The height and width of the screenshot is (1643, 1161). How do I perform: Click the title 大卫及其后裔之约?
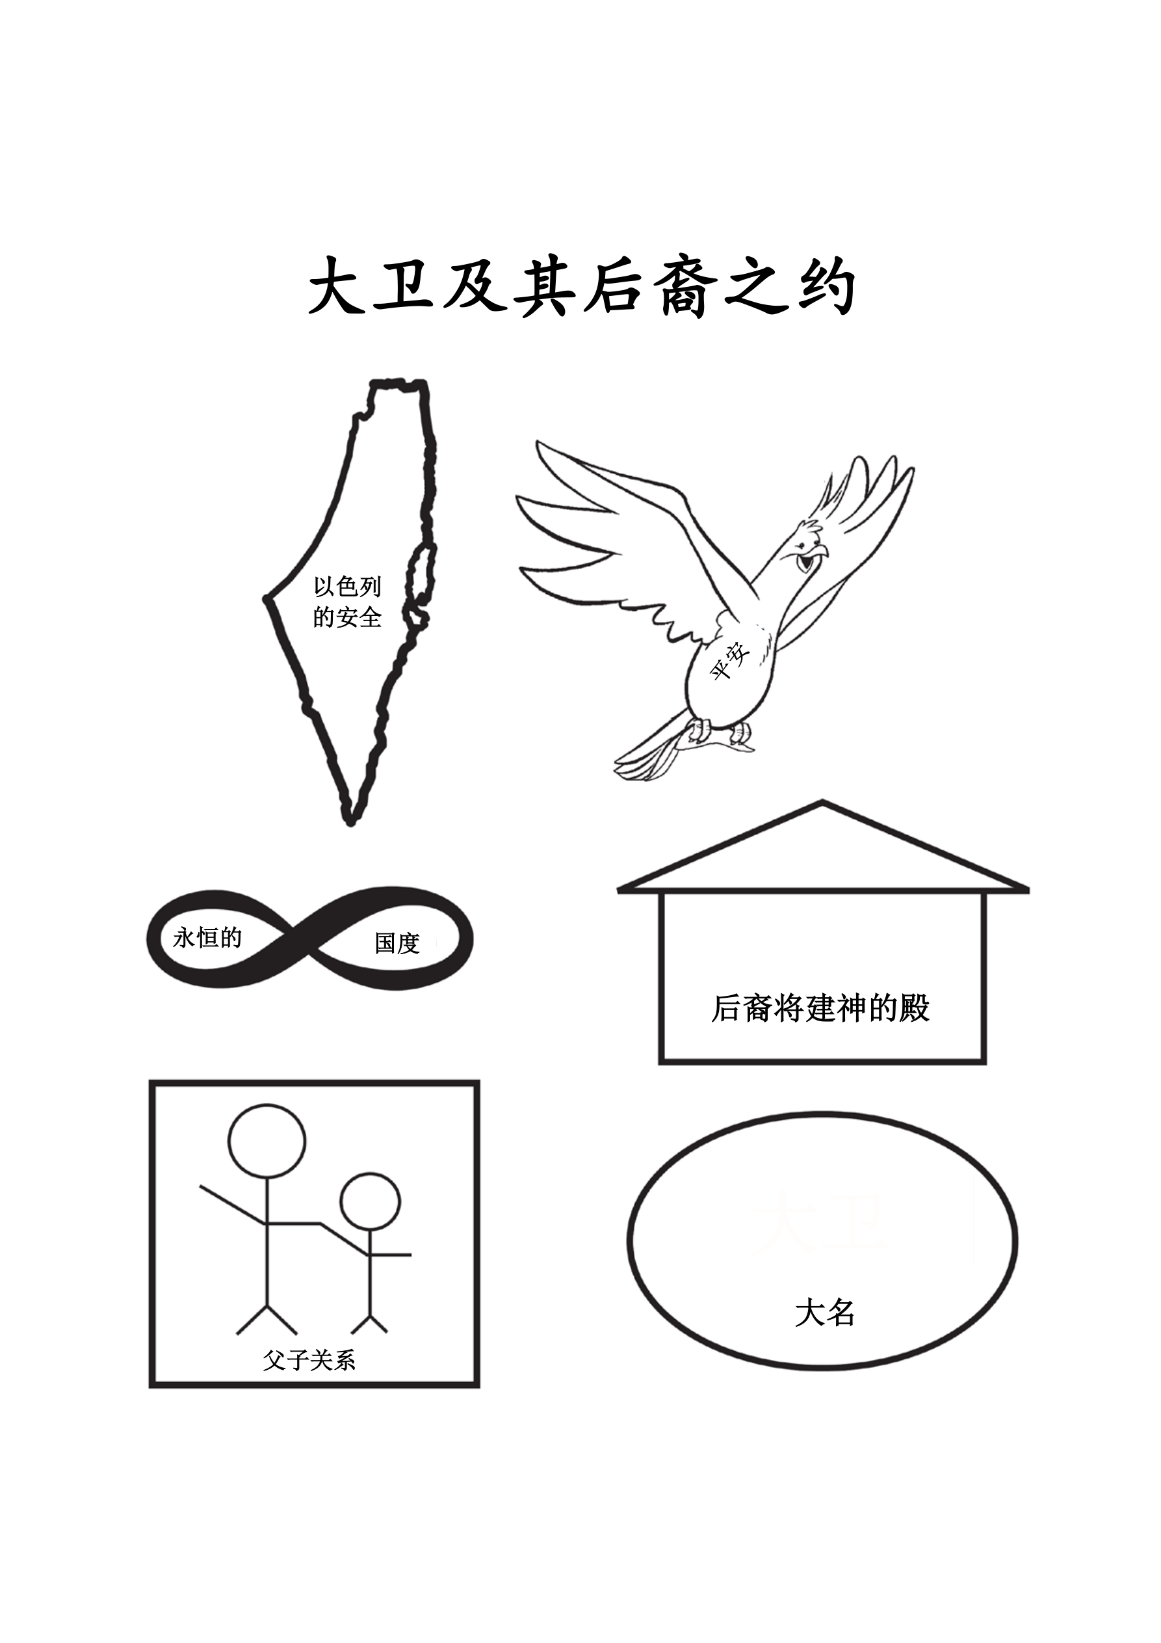[x=582, y=287]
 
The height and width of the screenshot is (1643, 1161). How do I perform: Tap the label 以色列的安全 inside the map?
[x=347, y=602]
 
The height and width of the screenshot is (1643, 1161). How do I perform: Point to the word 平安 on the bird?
[x=729, y=660]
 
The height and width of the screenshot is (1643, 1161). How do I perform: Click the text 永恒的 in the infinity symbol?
[x=207, y=937]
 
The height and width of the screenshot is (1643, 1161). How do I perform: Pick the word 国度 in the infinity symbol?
[x=397, y=943]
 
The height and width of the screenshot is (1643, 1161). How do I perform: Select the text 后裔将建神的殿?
[x=820, y=1008]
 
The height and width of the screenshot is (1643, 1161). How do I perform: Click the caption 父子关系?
[x=309, y=1360]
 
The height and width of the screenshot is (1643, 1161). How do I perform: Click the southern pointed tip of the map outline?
[x=350, y=823]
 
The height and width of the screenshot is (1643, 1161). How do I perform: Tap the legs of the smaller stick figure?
[x=370, y=1324]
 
